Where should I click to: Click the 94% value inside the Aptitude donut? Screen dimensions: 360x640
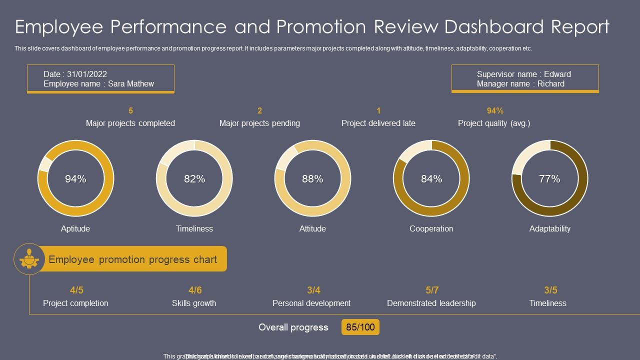(75, 179)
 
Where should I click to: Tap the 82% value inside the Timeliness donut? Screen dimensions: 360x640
(194, 179)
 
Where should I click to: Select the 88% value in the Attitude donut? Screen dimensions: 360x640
(312, 179)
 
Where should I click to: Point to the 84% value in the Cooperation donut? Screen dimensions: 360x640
(431, 179)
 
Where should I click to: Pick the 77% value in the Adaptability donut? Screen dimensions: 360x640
(549, 179)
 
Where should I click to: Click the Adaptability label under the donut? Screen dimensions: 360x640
(549, 228)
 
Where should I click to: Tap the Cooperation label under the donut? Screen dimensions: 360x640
(431, 228)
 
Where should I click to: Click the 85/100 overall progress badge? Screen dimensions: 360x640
(360, 327)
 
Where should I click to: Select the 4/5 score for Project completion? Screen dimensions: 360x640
(76, 290)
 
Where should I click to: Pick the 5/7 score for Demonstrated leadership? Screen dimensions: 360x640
(432, 290)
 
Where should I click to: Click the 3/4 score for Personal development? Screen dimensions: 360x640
(313, 290)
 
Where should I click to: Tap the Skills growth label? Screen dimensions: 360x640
(194, 303)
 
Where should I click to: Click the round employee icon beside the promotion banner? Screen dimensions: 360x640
(29, 259)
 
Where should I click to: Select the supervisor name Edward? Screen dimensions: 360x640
(557, 74)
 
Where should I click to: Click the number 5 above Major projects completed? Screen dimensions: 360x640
(130, 110)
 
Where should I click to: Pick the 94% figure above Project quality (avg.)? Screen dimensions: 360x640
(495, 110)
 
